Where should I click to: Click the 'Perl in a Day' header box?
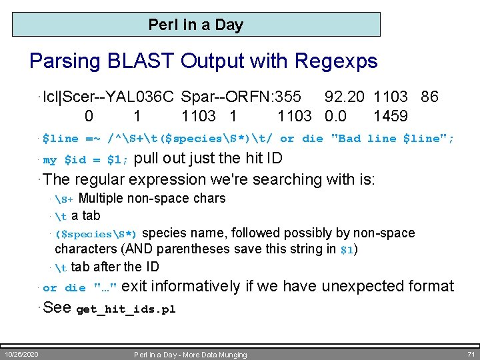(x=196, y=25)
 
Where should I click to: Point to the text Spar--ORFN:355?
(x=241, y=97)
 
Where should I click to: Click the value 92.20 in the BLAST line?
(x=345, y=97)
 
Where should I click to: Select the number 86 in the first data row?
(x=429, y=97)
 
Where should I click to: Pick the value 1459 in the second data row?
(x=390, y=117)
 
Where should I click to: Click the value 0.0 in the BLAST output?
(x=335, y=117)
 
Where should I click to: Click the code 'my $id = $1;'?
(x=86, y=160)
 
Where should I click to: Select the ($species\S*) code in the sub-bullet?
(x=97, y=234)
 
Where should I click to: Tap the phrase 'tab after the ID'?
(x=115, y=267)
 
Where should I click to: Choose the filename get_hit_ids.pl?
(x=126, y=309)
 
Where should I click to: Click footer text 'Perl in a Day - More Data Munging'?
(x=190, y=355)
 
